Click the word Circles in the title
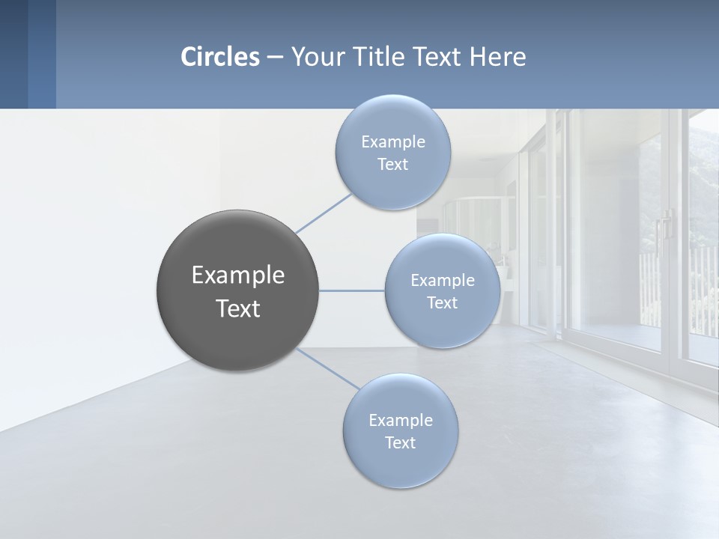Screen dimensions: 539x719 click(x=220, y=57)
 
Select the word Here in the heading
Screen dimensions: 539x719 click(x=498, y=57)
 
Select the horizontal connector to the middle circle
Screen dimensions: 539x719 click(x=352, y=290)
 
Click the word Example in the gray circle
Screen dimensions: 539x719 click(x=238, y=275)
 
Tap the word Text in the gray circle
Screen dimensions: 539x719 click(x=238, y=308)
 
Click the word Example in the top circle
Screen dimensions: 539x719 click(x=393, y=141)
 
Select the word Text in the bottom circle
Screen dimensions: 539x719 click(x=400, y=442)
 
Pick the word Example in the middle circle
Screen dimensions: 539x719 click(x=443, y=280)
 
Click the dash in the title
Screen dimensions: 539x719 click(x=275, y=57)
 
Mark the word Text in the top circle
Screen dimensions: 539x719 click(x=392, y=164)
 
